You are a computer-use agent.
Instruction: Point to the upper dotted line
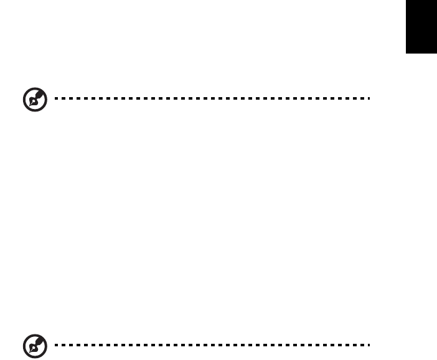[212, 98]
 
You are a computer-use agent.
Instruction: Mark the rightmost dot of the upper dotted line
[370, 98]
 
